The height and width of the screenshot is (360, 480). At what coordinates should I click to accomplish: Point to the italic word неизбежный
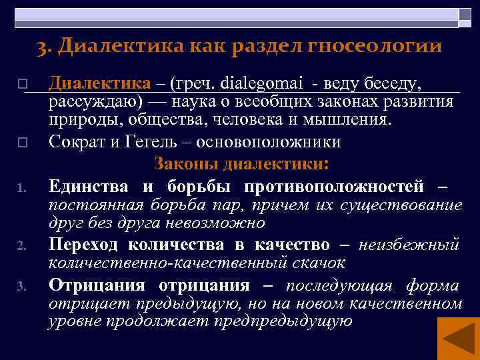[x=409, y=244]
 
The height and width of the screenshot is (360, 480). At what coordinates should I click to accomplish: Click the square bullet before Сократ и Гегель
[x=22, y=142]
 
